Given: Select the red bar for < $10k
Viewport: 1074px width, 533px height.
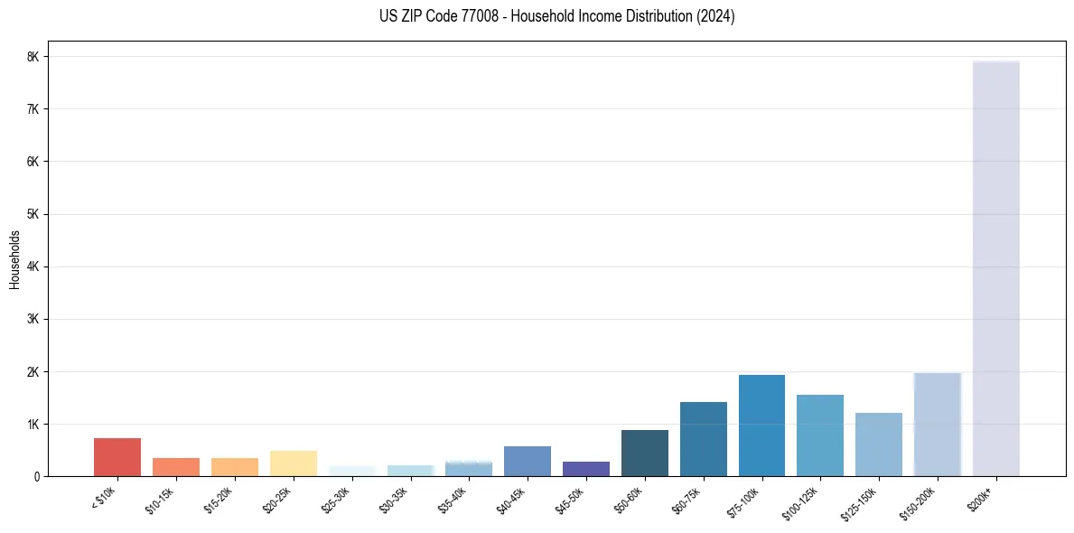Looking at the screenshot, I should click(117, 457).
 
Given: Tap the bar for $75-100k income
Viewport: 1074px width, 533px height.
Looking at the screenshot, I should click(761, 425).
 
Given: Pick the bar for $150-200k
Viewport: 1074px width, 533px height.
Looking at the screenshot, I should click(937, 425).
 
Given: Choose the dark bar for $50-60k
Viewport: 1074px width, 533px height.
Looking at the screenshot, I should click(644, 454).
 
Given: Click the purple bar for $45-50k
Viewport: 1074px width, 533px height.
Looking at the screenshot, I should click(586, 469).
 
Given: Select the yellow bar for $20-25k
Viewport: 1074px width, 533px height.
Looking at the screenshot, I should click(293, 463).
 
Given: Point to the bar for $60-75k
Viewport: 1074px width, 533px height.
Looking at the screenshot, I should click(703, 439).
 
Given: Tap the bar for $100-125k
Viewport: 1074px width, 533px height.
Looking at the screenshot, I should click(820, 435).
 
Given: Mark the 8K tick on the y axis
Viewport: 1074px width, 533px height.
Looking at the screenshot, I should click(33, 57).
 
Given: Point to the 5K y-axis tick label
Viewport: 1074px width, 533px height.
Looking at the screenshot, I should click(33, 214).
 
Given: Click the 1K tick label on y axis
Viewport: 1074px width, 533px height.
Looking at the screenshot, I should click(33, 425).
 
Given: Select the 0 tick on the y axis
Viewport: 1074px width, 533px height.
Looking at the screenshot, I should click(35, 477).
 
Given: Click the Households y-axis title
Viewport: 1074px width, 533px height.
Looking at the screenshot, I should click(15, 259).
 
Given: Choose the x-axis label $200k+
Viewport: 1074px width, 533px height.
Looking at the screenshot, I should click(981, 497).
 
